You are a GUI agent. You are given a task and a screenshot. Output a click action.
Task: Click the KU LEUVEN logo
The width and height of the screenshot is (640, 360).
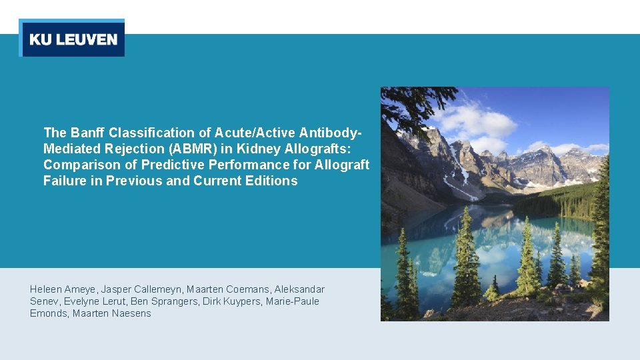point(72,39)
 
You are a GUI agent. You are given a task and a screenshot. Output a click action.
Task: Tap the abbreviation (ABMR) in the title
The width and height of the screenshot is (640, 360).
point(183,149)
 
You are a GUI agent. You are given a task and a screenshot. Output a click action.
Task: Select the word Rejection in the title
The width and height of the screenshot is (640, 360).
point(123,149)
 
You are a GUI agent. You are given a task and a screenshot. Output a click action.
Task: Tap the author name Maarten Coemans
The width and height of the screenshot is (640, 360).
point(219,289)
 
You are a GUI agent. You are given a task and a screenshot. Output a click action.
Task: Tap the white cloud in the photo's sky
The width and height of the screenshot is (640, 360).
point(480,123)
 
